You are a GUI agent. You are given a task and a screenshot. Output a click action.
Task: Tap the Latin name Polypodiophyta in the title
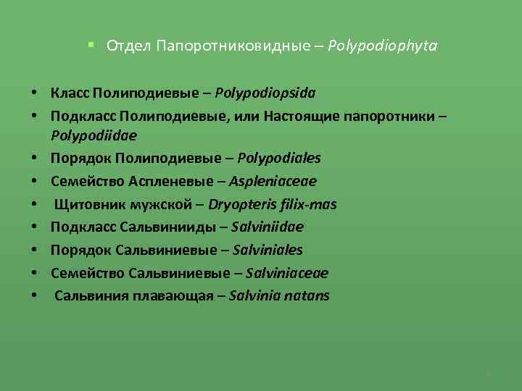tap(382, 46)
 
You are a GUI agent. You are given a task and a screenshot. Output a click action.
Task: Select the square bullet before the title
tap(91, 45)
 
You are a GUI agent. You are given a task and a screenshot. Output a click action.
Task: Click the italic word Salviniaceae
tap(287, 273)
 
